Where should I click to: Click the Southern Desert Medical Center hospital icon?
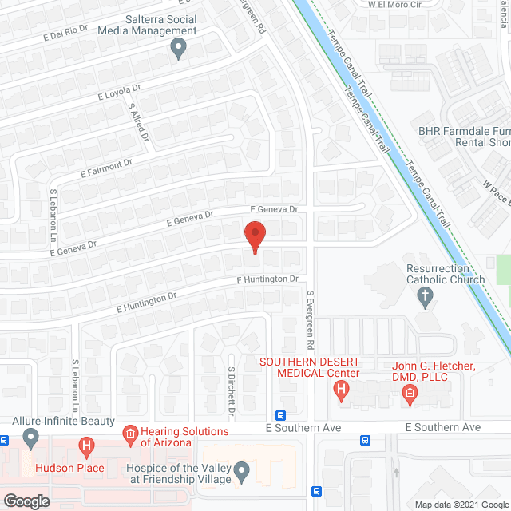[x=342, y=392]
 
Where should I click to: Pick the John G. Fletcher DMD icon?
[x=410, y=392]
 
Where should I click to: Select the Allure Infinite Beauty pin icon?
[x=30, y=438]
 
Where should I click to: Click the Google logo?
[x=26, y=501]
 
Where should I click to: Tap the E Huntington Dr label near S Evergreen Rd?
[x=267, y=280]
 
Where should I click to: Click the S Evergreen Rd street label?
[x=310, y=320]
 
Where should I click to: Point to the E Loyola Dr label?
[x=119, y=92]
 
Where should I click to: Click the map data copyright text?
[x=461, y=505]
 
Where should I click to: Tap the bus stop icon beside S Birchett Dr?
[x=280, y=416]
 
